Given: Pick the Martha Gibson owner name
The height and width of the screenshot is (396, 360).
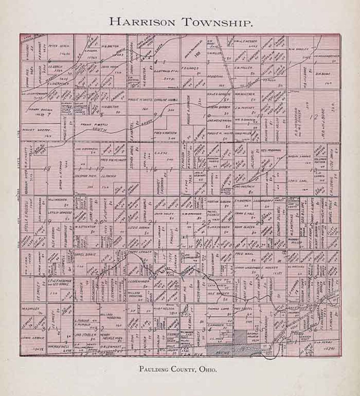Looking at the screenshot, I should point(218,201).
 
